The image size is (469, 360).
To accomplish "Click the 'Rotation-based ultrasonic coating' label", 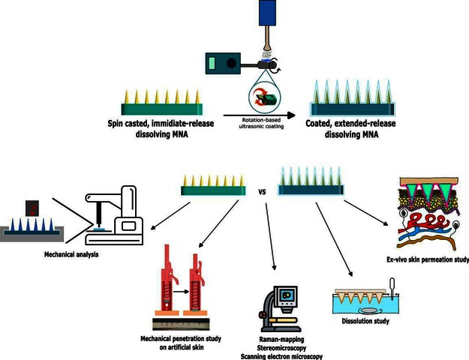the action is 261,123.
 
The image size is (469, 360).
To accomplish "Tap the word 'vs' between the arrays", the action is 262,192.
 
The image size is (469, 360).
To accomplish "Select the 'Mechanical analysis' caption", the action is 71,254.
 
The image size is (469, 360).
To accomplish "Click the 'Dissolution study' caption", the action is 365,321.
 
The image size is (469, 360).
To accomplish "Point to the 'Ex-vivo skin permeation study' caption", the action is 428,259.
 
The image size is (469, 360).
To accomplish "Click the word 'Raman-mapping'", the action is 281,339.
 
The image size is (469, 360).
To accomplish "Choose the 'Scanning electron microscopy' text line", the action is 281,356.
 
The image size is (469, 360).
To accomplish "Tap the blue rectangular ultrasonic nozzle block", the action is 267,13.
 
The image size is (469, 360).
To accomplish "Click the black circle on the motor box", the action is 231,64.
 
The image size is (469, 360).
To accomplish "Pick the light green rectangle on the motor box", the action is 212,64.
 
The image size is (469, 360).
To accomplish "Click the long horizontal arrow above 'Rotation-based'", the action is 260,115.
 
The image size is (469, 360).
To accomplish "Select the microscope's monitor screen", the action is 286,295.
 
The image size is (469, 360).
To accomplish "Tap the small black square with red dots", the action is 32,208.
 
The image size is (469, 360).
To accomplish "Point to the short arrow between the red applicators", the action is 182,292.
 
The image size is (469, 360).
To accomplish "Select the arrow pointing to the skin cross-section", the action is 366,213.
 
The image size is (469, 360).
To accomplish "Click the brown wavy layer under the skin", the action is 427,241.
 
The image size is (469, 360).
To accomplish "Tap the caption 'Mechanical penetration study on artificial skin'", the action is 181,343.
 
